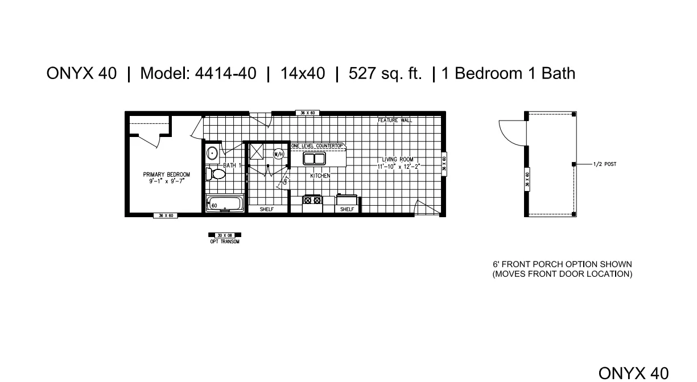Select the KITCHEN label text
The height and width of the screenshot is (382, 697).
[320, 176]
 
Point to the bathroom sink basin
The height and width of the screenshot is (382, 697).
[212, 153]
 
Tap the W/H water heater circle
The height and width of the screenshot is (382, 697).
[279, 153]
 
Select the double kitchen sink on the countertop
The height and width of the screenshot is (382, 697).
[314, 159]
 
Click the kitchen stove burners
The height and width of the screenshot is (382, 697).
[312, 200]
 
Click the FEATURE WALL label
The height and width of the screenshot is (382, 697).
[395, 121]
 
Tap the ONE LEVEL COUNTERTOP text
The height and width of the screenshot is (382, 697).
[317, 146]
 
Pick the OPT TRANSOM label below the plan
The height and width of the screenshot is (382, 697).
[225, 242]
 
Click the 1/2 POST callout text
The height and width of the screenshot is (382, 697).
[604, 164]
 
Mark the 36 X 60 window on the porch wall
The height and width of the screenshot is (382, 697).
[527, 179]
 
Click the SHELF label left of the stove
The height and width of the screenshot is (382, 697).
[267, 209]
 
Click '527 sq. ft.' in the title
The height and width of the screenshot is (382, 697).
[385, 74]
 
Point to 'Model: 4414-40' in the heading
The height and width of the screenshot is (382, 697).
[198, 74]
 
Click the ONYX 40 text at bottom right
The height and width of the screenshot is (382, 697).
[633, 372]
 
